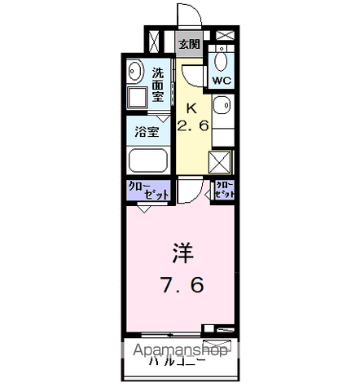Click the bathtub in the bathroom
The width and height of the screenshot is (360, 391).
[147, 160]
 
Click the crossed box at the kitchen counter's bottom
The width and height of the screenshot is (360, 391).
[222, 160]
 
